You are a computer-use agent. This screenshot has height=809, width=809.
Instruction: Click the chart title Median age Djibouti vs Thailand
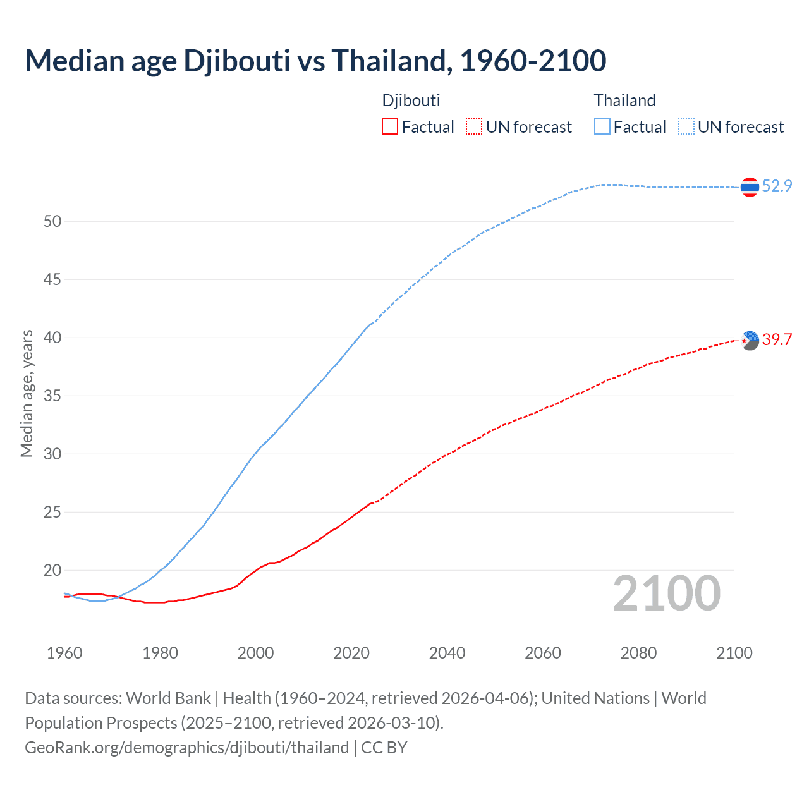click(x=315, y=61)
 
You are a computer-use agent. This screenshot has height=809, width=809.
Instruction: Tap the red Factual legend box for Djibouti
click(x=390, y=127)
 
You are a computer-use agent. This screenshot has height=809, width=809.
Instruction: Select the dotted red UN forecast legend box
click(x=474, y=127)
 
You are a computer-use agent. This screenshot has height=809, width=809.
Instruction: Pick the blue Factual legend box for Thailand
click(x=602, y=127)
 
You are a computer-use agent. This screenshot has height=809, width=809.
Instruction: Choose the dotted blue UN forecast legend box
click(x=686, y=127)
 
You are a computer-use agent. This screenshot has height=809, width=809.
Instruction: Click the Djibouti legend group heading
click(x=411, y=100)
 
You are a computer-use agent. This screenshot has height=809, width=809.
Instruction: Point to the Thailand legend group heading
click(x=624, y=100)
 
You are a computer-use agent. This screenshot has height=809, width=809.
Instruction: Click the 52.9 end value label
click(x=777, y=186)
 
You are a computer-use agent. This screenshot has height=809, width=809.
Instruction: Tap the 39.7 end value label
click(x=777, y=339)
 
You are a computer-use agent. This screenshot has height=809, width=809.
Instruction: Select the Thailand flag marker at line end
click(x=750, y=187)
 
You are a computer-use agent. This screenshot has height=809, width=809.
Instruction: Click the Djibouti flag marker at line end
click(x=750, y=341)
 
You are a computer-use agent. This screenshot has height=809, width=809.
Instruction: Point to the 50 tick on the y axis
click(x=52, y=221)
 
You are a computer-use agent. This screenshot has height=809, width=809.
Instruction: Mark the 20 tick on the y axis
click(x=52, y=570)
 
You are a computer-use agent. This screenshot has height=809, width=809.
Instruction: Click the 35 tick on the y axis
click(x=52, y=396)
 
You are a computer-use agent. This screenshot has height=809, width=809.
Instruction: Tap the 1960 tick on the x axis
click(x=64, y=653)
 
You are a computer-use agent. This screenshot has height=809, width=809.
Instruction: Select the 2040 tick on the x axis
click(x=447, y=653)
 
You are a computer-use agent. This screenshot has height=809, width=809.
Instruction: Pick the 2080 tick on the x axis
click(x=638, y=653)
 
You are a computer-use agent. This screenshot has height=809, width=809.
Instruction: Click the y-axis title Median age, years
click(x=27, y=393)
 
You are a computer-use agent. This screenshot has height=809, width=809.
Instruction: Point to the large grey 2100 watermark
click(x=666, y=593)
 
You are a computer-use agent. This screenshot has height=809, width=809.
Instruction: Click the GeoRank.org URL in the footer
click(x=186, y=748)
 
